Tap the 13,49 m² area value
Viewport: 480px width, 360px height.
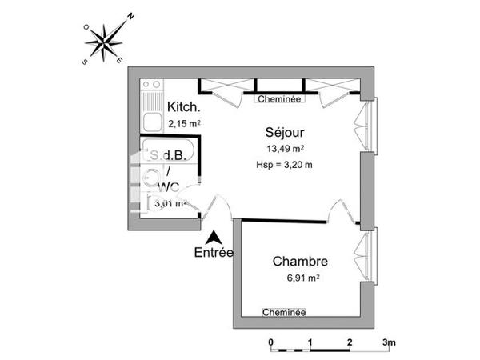[285, 148]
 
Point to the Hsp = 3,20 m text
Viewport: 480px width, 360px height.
[285, 165]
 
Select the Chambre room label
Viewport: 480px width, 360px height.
[300, 261]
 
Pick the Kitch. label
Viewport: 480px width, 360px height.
[183, 108]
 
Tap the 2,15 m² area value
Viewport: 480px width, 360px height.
[183, 123]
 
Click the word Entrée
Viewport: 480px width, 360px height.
[214, 253]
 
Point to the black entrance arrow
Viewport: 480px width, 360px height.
[214, 237]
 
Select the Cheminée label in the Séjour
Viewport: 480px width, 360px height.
[278, 99]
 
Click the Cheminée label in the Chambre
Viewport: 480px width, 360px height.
[284, 312]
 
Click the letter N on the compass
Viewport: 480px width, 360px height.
[131, 14]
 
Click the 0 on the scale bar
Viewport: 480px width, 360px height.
[271, 342]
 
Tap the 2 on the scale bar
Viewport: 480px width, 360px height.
[350, 342]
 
